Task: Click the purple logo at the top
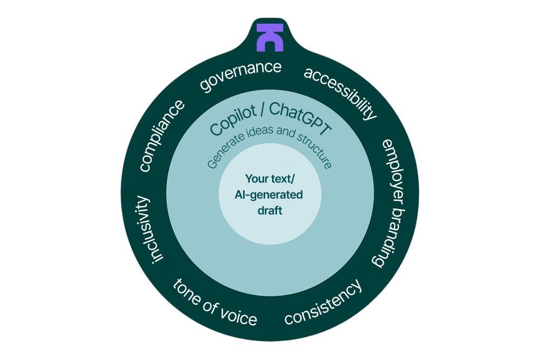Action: tap(270, 37)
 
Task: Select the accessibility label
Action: tap(341, 93)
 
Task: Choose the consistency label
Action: tap(323, 303)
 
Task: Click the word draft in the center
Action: tap(270, 210)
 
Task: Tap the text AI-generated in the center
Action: tap(269, 194)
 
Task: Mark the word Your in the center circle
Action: tap(256, 179)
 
